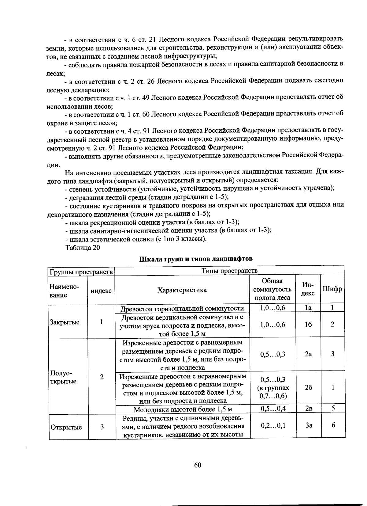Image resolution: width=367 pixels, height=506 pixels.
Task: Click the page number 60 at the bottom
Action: point(198,465)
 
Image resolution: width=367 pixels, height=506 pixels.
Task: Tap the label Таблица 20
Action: point(83,247)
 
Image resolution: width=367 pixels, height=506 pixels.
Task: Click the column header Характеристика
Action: point(182,290)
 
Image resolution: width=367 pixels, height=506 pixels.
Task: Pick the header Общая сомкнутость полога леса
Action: point(272,289)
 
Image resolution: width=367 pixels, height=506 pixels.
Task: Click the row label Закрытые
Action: point(65,322)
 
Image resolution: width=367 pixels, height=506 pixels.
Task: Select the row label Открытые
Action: point(66,427)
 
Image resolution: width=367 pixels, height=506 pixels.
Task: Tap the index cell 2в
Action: point(308,409)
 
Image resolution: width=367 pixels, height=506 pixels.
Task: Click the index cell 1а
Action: point(308,308)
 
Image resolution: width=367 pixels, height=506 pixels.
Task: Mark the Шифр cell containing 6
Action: point(333,425)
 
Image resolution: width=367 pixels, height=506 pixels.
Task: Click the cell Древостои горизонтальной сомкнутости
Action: point(182,308)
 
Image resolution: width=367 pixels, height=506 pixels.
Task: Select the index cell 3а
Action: point(308,425)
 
